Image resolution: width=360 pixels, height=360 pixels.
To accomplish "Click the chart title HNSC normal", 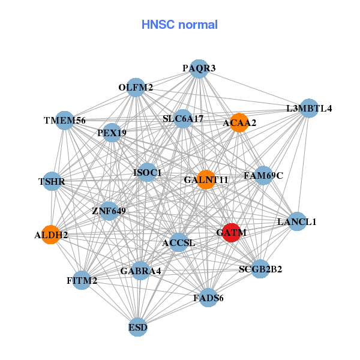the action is [179, 25].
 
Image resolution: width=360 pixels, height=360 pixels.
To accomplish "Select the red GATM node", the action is [232, 232].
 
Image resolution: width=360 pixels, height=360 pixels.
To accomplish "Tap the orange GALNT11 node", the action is [206, 179].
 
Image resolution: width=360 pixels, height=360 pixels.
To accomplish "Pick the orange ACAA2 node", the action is [239, 122].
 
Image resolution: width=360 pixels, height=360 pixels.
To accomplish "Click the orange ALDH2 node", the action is [52, 235].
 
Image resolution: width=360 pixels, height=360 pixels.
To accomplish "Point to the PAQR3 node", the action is [199, 68].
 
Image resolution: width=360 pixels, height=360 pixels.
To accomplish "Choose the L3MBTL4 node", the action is [308, 109].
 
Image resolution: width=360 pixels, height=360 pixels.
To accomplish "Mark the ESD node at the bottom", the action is [138, 327].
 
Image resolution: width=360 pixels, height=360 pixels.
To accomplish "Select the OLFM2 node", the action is [136, 88].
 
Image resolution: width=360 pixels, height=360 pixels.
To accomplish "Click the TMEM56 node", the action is [64, 120].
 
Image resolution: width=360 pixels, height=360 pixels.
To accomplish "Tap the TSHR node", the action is [52, 181].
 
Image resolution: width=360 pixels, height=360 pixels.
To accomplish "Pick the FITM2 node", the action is [82, 280].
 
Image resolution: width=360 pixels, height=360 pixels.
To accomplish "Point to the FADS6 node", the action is [208, 298].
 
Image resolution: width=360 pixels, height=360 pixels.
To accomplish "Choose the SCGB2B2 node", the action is [259, 269].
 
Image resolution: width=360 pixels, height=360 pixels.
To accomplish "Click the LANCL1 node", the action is [296, 221].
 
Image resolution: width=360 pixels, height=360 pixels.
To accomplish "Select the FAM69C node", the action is [263, 176].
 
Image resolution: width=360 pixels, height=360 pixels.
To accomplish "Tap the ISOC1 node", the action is [147, 173].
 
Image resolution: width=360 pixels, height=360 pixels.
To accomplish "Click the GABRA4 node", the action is [140, 271].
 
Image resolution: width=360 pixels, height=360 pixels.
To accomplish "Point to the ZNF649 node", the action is [109, 211].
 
